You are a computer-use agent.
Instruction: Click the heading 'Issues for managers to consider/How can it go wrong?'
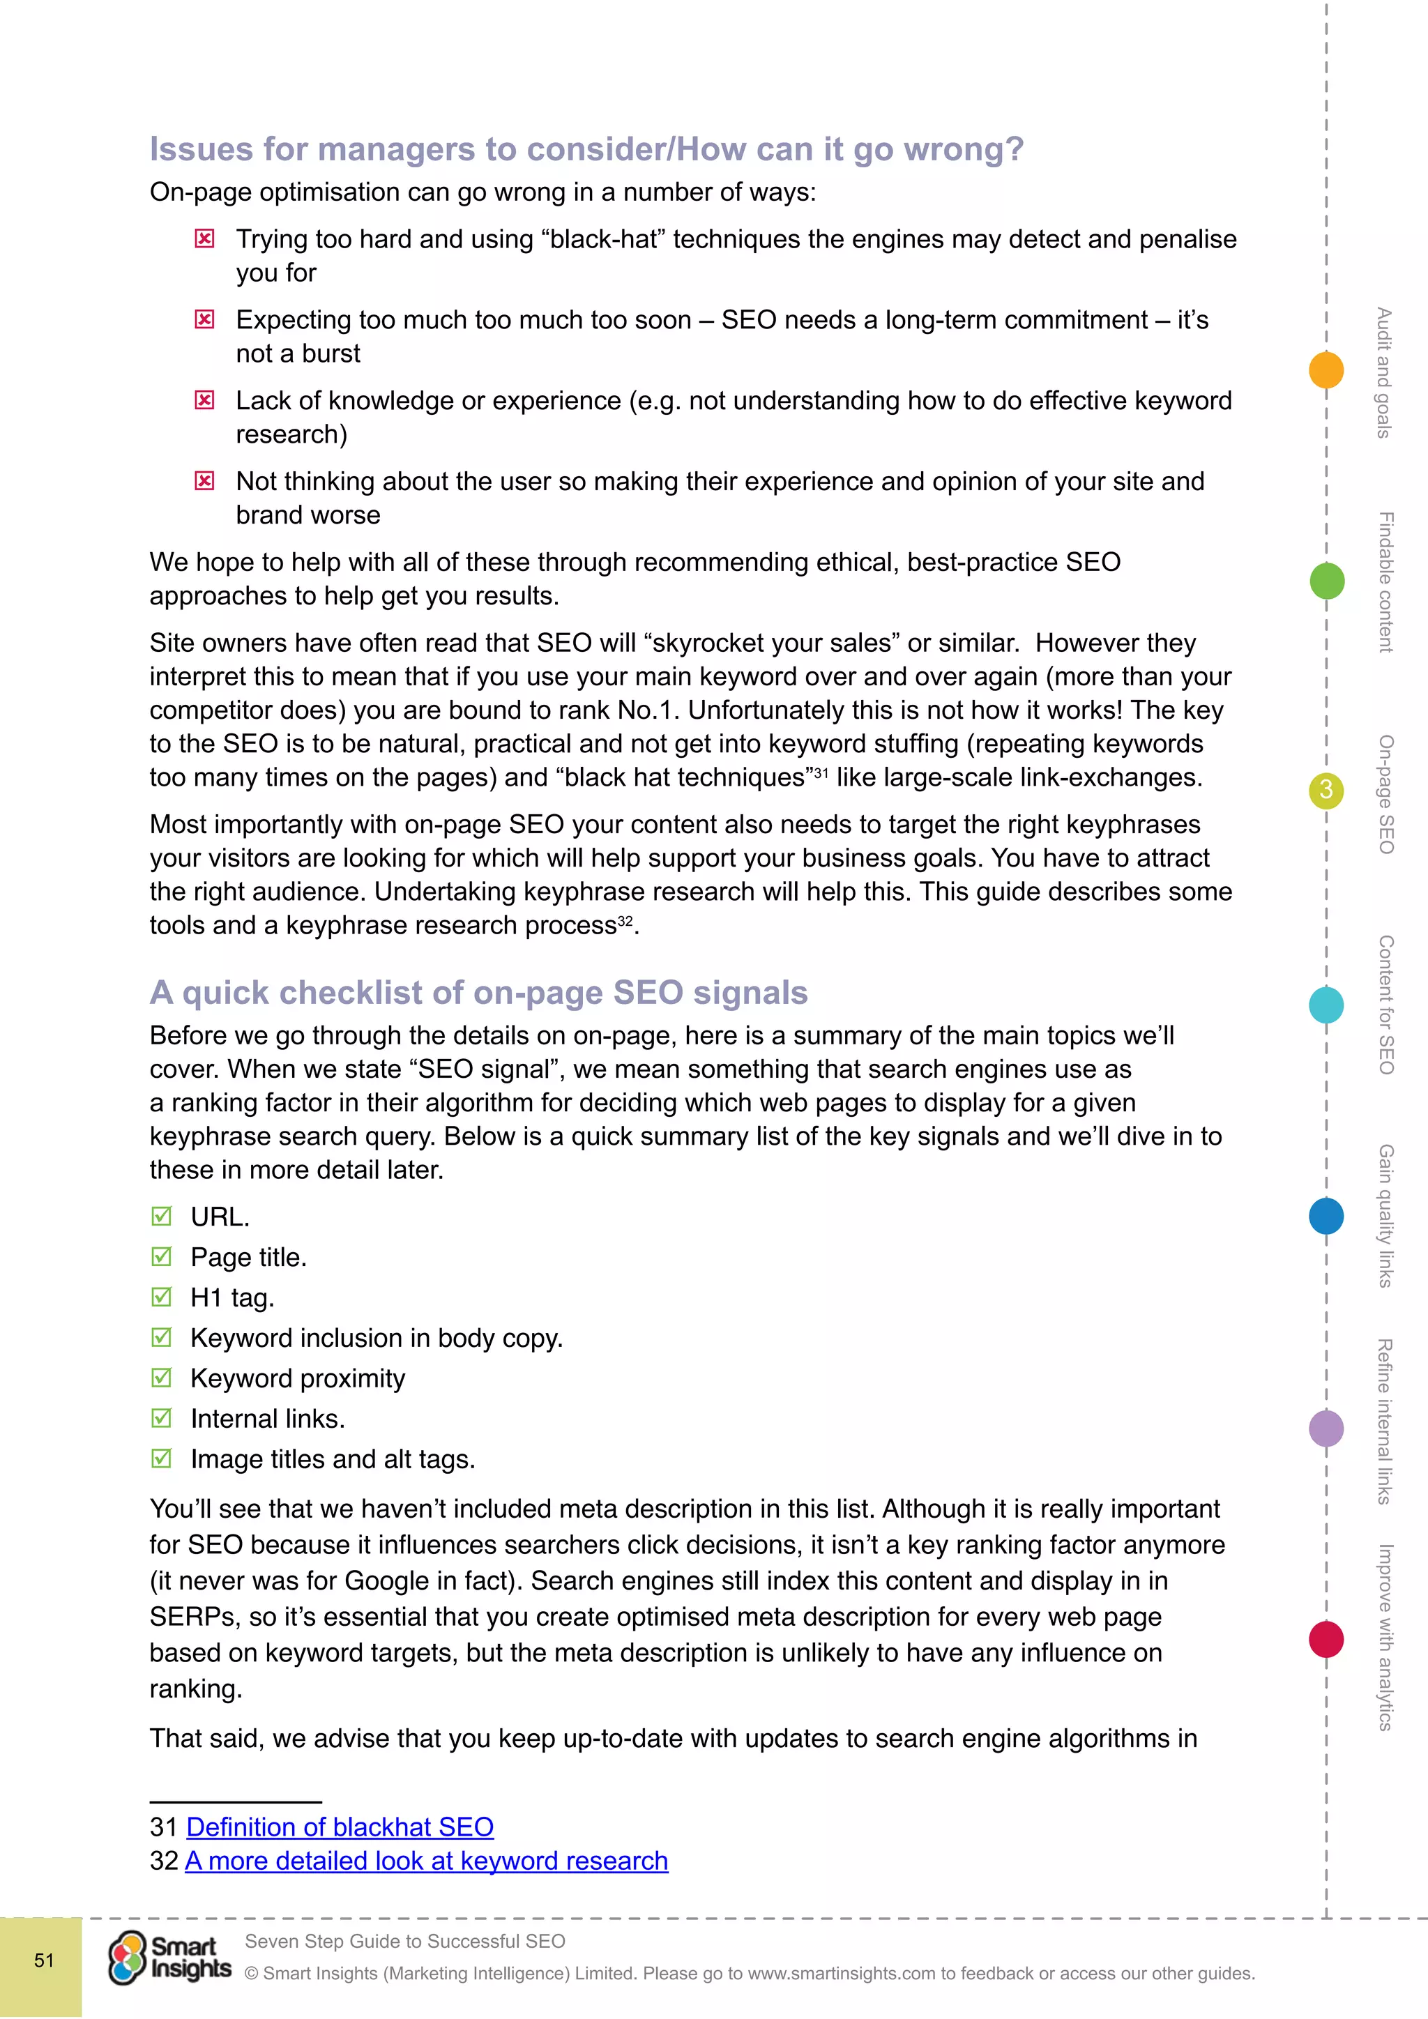[x=586, y=149]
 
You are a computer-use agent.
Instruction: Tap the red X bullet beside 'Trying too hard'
[x=204, y=239]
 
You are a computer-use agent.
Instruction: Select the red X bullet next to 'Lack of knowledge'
[x=204, y=401]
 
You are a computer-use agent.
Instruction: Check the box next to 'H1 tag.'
[x=162, y=1297]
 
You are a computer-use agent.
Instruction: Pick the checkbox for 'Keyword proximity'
[x=162, y=1378]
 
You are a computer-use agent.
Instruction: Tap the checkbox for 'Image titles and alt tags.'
[x=162, y=1459]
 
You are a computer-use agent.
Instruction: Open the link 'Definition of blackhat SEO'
[x=340, y=1827]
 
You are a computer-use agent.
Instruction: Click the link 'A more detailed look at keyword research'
[x=427, y=1861]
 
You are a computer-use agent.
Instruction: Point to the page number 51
[x=44, y=1960]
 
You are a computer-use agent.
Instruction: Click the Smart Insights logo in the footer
[x=169, y=1958]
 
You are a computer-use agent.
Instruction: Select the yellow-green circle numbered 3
[x=1326, y=791]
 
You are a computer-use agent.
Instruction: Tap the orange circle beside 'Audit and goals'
[x=1326, y=370]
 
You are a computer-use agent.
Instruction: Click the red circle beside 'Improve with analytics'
[x=1326, y=1639]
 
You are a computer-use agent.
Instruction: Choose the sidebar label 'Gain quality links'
[x=1385, y=1215]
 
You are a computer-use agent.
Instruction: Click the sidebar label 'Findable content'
[x=1385, y=581]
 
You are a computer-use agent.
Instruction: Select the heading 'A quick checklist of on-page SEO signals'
[x=478, y=993]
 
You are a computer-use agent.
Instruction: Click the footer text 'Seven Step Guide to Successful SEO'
[x=404, y=1942]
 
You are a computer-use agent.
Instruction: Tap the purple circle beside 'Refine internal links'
[x=1326, y=1428]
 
